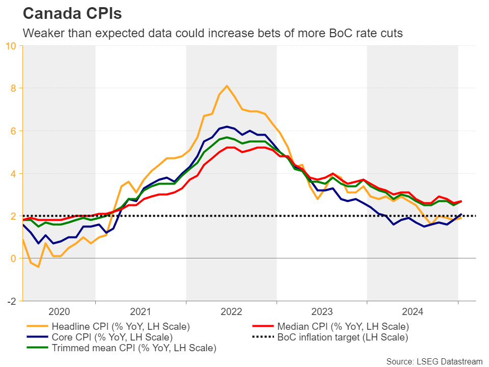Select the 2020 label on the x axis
click(x=59, y=312)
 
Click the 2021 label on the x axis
click(x=141, y=312)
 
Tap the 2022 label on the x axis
click(x=231, y=312)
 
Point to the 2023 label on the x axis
click(x=322, y=312)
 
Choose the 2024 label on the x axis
click(x=413, y=312)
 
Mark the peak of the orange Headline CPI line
click(x=227, y=86)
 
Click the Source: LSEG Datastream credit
click(x=433, y=361)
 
